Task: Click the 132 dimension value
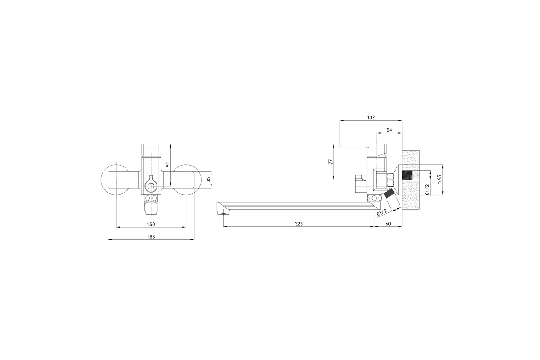[x=371, y=117]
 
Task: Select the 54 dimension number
[x=389, y=130]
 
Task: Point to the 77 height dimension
[x=331, y=162]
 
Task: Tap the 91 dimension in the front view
[x=168, y=164]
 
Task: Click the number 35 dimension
[x=209, y=180]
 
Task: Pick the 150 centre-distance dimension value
[x=151, y=225]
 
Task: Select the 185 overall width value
[x=151, y=237]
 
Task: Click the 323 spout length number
[x=299, y=224]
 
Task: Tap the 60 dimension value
[x=388, y=224]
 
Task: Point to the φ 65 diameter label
[x=440, y=180]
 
